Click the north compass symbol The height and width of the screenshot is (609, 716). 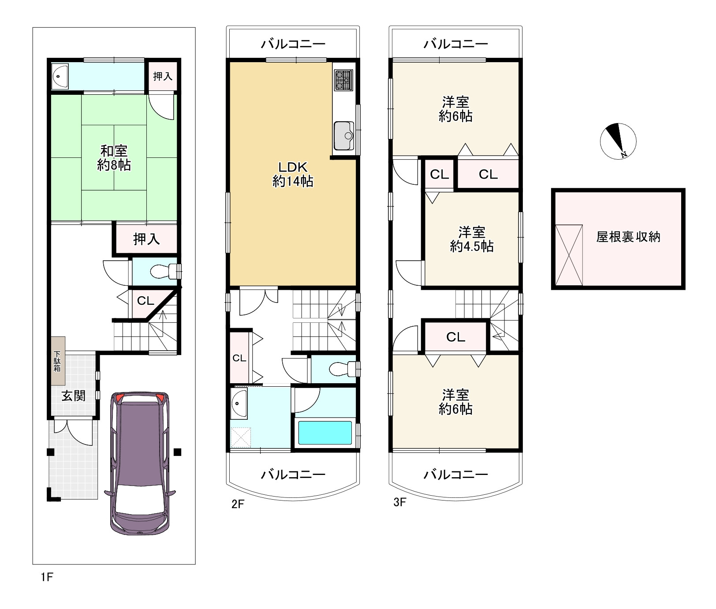(618, 141)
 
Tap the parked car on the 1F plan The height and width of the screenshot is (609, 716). (139, 463)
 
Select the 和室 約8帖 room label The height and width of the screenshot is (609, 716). (114, 158)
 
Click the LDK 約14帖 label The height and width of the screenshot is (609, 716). (293, 174)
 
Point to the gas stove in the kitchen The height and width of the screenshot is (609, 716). (343, 80)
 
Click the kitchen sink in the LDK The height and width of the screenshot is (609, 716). (343, 135)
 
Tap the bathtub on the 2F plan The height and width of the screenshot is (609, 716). (325, 433)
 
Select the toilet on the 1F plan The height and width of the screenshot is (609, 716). (161, 272)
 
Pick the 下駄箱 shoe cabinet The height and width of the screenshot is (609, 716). (57, 361)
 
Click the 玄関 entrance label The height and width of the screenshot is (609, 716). (73, 396)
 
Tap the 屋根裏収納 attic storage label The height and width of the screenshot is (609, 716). (628, 237)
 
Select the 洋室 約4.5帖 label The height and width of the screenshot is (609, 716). (472, 239)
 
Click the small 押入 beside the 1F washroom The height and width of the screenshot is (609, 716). (162, 76)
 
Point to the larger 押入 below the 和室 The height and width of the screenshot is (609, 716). (146, 239)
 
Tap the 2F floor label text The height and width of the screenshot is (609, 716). (238, 504)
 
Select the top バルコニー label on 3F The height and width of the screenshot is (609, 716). (455, 44)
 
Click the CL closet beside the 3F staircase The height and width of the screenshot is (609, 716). (455, 337)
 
